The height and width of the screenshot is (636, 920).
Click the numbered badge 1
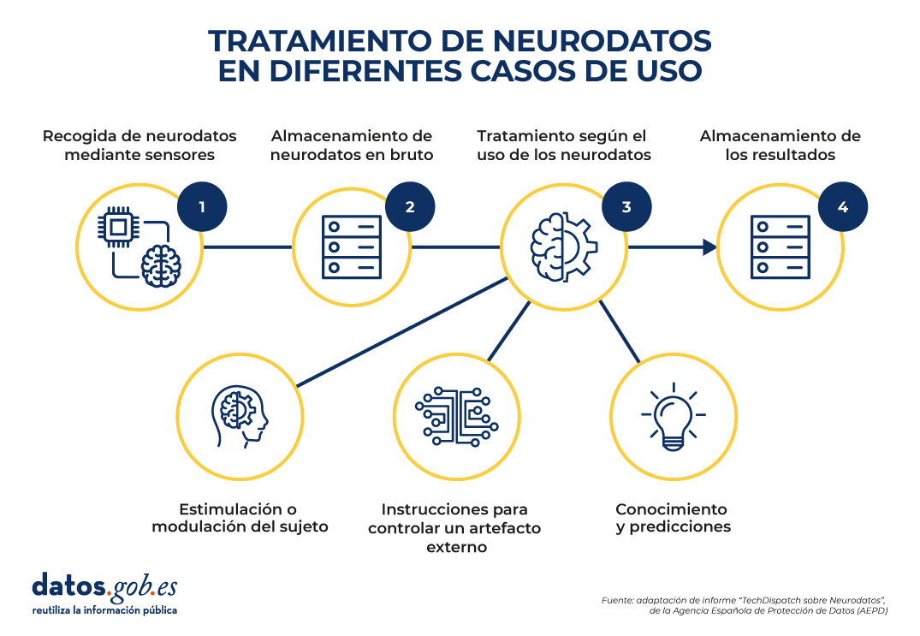pos(202,206)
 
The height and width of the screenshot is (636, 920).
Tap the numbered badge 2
pos(410,206)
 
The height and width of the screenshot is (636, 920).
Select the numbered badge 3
pos(626,206)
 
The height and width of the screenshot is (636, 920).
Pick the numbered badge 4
pos(843,206)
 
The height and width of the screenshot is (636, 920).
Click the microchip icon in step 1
pos(118,227)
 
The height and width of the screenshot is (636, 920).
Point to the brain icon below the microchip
pos(161,266)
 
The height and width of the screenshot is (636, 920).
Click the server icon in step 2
pos(352,247)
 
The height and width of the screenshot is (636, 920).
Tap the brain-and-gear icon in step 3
pos(564,247)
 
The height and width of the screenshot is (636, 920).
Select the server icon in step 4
pos(781,247)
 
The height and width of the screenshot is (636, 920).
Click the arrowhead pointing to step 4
pos(710,247)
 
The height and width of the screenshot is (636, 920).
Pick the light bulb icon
pos(673,417)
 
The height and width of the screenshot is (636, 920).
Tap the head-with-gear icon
pos(240,417)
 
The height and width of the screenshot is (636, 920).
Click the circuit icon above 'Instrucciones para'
pos(456,416)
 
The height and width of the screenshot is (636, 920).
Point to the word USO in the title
pos(669,71)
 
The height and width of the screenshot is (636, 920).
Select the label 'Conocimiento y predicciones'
pos(673,518)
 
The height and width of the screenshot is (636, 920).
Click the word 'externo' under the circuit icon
pos(456,548)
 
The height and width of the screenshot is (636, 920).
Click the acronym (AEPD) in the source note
pos(872,611)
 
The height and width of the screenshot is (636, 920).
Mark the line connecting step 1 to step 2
pos(247,247)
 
